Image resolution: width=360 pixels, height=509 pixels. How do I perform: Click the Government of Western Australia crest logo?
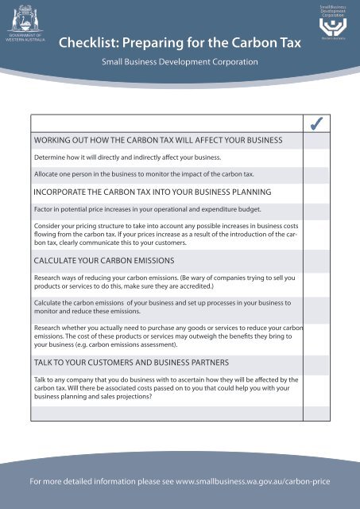pos(26,18)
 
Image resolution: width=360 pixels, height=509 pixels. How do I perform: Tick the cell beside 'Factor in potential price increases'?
pos(316,209)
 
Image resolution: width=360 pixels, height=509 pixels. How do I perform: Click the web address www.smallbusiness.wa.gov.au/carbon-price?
pos(253,482)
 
